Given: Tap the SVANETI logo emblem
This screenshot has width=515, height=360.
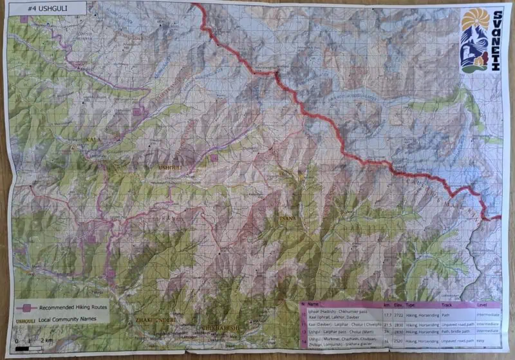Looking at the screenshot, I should point(475,41).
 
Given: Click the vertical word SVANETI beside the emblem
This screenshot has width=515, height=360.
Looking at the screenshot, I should point(497,41).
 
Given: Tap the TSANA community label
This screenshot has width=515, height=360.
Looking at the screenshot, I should point(287,219).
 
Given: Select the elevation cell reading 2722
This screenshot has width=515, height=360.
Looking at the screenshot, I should point(399,316).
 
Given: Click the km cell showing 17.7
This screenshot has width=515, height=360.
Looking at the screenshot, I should point(388,316).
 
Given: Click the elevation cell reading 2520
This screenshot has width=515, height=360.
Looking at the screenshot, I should point(399,340).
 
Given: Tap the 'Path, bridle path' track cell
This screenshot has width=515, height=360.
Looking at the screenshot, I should point(456,332).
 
